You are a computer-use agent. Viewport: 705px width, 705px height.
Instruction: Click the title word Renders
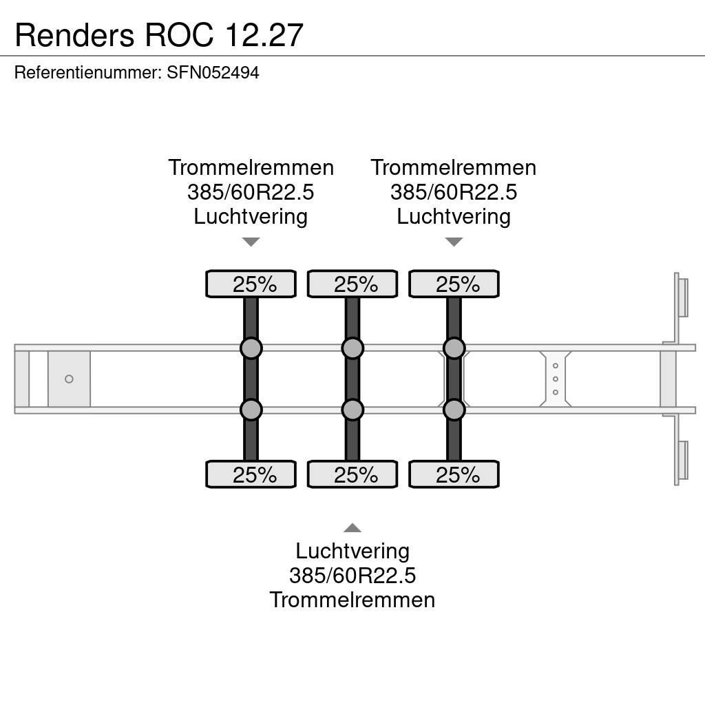(74, 34)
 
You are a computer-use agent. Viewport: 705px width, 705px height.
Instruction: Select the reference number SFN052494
(213, 73)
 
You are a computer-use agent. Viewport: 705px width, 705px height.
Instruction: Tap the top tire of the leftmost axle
(251, 284)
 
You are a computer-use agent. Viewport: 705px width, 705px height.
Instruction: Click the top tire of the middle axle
(352, 284)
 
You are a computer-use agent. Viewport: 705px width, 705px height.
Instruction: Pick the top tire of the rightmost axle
(454, 284)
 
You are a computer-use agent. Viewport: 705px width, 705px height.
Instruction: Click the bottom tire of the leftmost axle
(251, 474)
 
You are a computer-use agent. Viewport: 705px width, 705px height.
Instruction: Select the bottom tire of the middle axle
(352, 474)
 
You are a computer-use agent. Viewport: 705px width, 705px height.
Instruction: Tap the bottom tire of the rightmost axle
(454, 474)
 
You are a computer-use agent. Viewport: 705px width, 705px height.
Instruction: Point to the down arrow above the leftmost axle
(251, 242)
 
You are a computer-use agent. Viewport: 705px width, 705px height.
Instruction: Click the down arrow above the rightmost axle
(454, 242)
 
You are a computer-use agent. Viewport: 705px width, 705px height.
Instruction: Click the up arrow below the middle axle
(352, 528)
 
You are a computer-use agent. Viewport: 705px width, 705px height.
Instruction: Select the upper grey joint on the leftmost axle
(251, 348)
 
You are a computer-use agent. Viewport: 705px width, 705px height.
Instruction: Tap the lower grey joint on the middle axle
(352, 410)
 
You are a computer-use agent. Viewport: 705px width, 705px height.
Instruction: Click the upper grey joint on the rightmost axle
(454, 348)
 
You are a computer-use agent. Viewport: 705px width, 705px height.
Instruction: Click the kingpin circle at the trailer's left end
(69, 379)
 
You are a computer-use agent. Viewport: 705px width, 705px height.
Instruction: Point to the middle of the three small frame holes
(556, 379)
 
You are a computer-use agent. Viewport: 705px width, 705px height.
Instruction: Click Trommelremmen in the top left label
(251, 167)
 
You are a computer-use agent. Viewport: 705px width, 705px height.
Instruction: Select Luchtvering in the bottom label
(352, 551)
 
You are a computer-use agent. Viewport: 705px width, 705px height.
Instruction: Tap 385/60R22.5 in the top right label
(454, 192)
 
